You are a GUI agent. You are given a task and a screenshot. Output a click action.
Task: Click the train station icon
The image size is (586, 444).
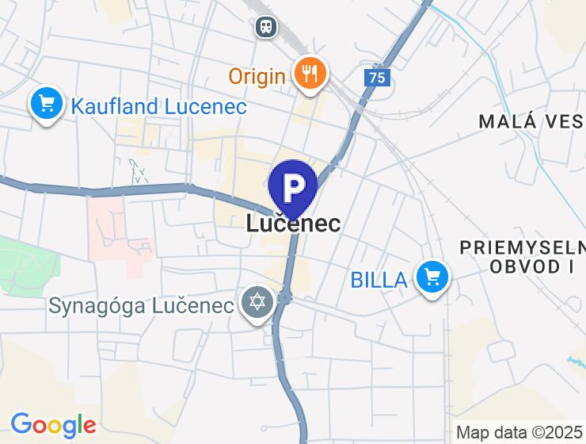click(x=266, y=27)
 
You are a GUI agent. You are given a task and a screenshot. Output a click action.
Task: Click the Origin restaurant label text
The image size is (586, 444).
click(x=257, y=76)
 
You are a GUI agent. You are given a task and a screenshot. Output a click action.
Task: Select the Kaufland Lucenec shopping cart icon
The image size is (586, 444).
click(x=47, y=103)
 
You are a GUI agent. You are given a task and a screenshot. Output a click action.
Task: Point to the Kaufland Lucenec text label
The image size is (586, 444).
click(x=159, y=106)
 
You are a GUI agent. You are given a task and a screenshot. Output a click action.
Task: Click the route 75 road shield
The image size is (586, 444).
click(x=379, y=78)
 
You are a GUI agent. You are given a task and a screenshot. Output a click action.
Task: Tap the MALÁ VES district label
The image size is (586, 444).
click(x=531, y=121)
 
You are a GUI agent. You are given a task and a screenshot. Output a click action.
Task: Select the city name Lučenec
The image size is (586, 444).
click(x=293, y=224)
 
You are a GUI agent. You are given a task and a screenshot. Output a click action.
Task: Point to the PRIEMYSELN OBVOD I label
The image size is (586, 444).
click(x=522, y=257)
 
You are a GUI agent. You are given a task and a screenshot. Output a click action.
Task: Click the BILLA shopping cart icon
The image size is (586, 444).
click(x=432, y=277)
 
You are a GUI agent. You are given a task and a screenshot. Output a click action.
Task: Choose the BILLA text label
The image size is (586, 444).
click(x=379, y=279)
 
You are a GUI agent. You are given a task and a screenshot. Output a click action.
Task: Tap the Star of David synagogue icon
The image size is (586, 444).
click(x=257, y=304)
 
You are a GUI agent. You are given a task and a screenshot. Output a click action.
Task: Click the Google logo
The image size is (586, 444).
click(x=53, y=425)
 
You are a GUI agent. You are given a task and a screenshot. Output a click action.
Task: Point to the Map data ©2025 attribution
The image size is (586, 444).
click(x=520, y=433)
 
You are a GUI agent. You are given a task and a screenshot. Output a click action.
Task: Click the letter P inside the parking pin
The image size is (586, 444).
click(x=293, y=186)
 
